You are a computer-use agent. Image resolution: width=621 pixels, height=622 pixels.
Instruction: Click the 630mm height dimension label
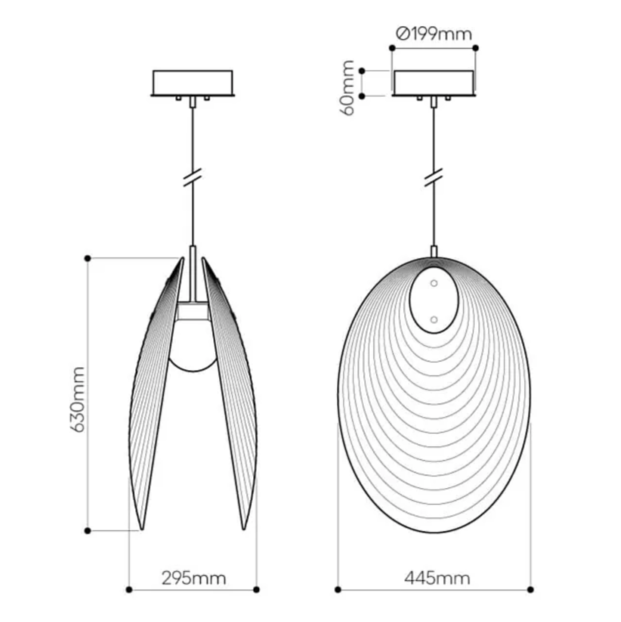coord(77,399)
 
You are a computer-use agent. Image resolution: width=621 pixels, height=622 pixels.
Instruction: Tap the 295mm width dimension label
coord(194,579)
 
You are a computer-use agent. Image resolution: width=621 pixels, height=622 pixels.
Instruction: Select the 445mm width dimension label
coord(437,579)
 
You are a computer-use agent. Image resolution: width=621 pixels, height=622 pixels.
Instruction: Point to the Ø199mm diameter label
coord(434,34)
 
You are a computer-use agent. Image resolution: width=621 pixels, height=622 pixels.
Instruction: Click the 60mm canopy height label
coord(348,87)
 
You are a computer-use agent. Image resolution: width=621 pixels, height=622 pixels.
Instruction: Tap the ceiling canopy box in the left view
coord(193,83)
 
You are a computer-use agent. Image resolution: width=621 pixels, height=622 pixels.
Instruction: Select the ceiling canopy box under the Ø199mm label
coord(434,83)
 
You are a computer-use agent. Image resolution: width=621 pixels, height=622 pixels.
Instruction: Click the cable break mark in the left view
coord(193,177)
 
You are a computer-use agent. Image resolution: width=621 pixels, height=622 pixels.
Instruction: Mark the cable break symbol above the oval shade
coord(434,177)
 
